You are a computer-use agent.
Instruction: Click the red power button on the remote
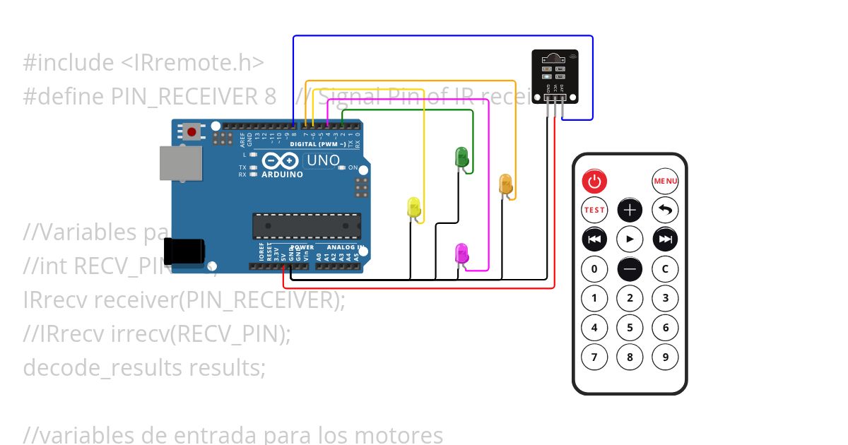point(594,182)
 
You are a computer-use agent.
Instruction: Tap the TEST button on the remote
point(594,210)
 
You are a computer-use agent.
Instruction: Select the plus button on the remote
point(630,210)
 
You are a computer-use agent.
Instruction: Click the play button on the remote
point(630,239)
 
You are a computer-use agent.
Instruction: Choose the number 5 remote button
point(630,327)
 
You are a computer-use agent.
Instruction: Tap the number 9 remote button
point(665,356)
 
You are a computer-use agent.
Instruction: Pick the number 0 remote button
point(594,268)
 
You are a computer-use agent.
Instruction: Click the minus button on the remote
point(630,268)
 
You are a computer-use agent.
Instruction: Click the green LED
point(461,158)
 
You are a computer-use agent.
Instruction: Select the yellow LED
point(414,207)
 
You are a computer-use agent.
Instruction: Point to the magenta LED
point(461,254)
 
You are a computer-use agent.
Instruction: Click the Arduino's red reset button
point(192,131)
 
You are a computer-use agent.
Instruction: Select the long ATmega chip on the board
point(307,225)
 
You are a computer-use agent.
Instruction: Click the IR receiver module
point(555,76)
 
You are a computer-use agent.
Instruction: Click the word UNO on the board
point(323,161)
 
